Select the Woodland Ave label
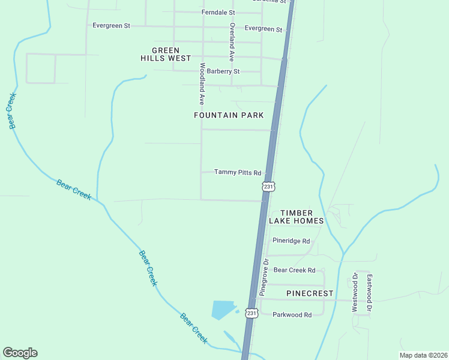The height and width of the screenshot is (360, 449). pos(203,83)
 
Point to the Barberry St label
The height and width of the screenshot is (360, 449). pos(223,71)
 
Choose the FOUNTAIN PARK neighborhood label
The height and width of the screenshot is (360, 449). pos(229,115)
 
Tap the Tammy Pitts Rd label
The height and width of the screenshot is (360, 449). pos(238,173)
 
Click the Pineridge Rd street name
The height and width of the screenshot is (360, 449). pos(291,241)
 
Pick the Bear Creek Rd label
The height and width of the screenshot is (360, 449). pos(294,270)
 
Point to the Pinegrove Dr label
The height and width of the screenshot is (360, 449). pos(263,277)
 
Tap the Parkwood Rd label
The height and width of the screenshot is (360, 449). pos(292,314)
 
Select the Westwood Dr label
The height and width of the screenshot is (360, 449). pos(355,292)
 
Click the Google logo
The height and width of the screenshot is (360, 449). pos(20,353)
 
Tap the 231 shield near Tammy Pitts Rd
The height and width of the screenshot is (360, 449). pos(268,187)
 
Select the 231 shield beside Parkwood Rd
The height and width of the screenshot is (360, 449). pos(252,313)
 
